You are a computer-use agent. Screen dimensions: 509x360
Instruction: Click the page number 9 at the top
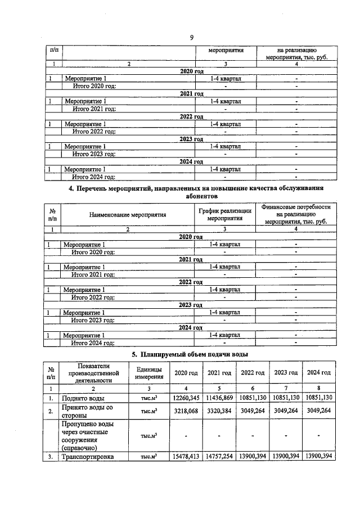[x=191, y=38]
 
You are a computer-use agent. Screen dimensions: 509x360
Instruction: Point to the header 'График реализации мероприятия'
[x=224, y=215]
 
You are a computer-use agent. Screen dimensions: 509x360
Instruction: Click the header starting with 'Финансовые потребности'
[x=296, y=214]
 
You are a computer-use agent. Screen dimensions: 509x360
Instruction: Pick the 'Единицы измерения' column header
[x=149, y=373]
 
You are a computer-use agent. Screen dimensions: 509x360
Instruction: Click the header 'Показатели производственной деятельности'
[x=94, y=373]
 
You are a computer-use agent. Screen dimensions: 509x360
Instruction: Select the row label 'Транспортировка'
[x=88, y=457]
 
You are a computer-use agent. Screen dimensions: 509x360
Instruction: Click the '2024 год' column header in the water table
[x=318, y=373]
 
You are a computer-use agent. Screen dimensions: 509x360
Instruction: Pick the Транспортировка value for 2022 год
[x=252, y=457]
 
